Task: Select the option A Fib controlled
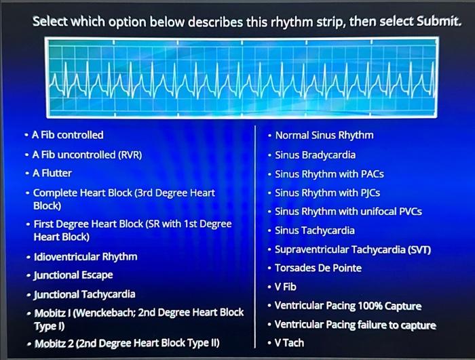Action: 68,135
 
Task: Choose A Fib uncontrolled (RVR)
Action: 87,155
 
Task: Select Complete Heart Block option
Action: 123,199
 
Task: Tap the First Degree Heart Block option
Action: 132,230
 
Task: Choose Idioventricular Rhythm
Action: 85,256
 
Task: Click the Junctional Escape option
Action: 73,275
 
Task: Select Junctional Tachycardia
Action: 84,294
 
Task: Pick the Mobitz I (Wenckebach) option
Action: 138,318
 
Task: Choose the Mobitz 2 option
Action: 126,343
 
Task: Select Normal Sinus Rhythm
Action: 324,135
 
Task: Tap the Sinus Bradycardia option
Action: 315,155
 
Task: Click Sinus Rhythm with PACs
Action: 329,174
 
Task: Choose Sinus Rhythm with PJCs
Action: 328,193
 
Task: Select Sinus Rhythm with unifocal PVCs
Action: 348,212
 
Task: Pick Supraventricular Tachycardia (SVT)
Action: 353,249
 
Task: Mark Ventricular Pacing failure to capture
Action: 356,325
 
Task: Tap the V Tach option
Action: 289,343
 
